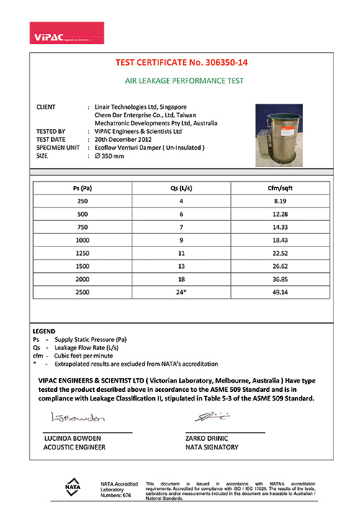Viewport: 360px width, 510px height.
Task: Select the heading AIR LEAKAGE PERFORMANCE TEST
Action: [x=180, y=81]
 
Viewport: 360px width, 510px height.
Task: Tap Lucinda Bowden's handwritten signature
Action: [x=78, y=417]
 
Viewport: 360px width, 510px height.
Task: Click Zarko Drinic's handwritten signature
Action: [x=215, y=416]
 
